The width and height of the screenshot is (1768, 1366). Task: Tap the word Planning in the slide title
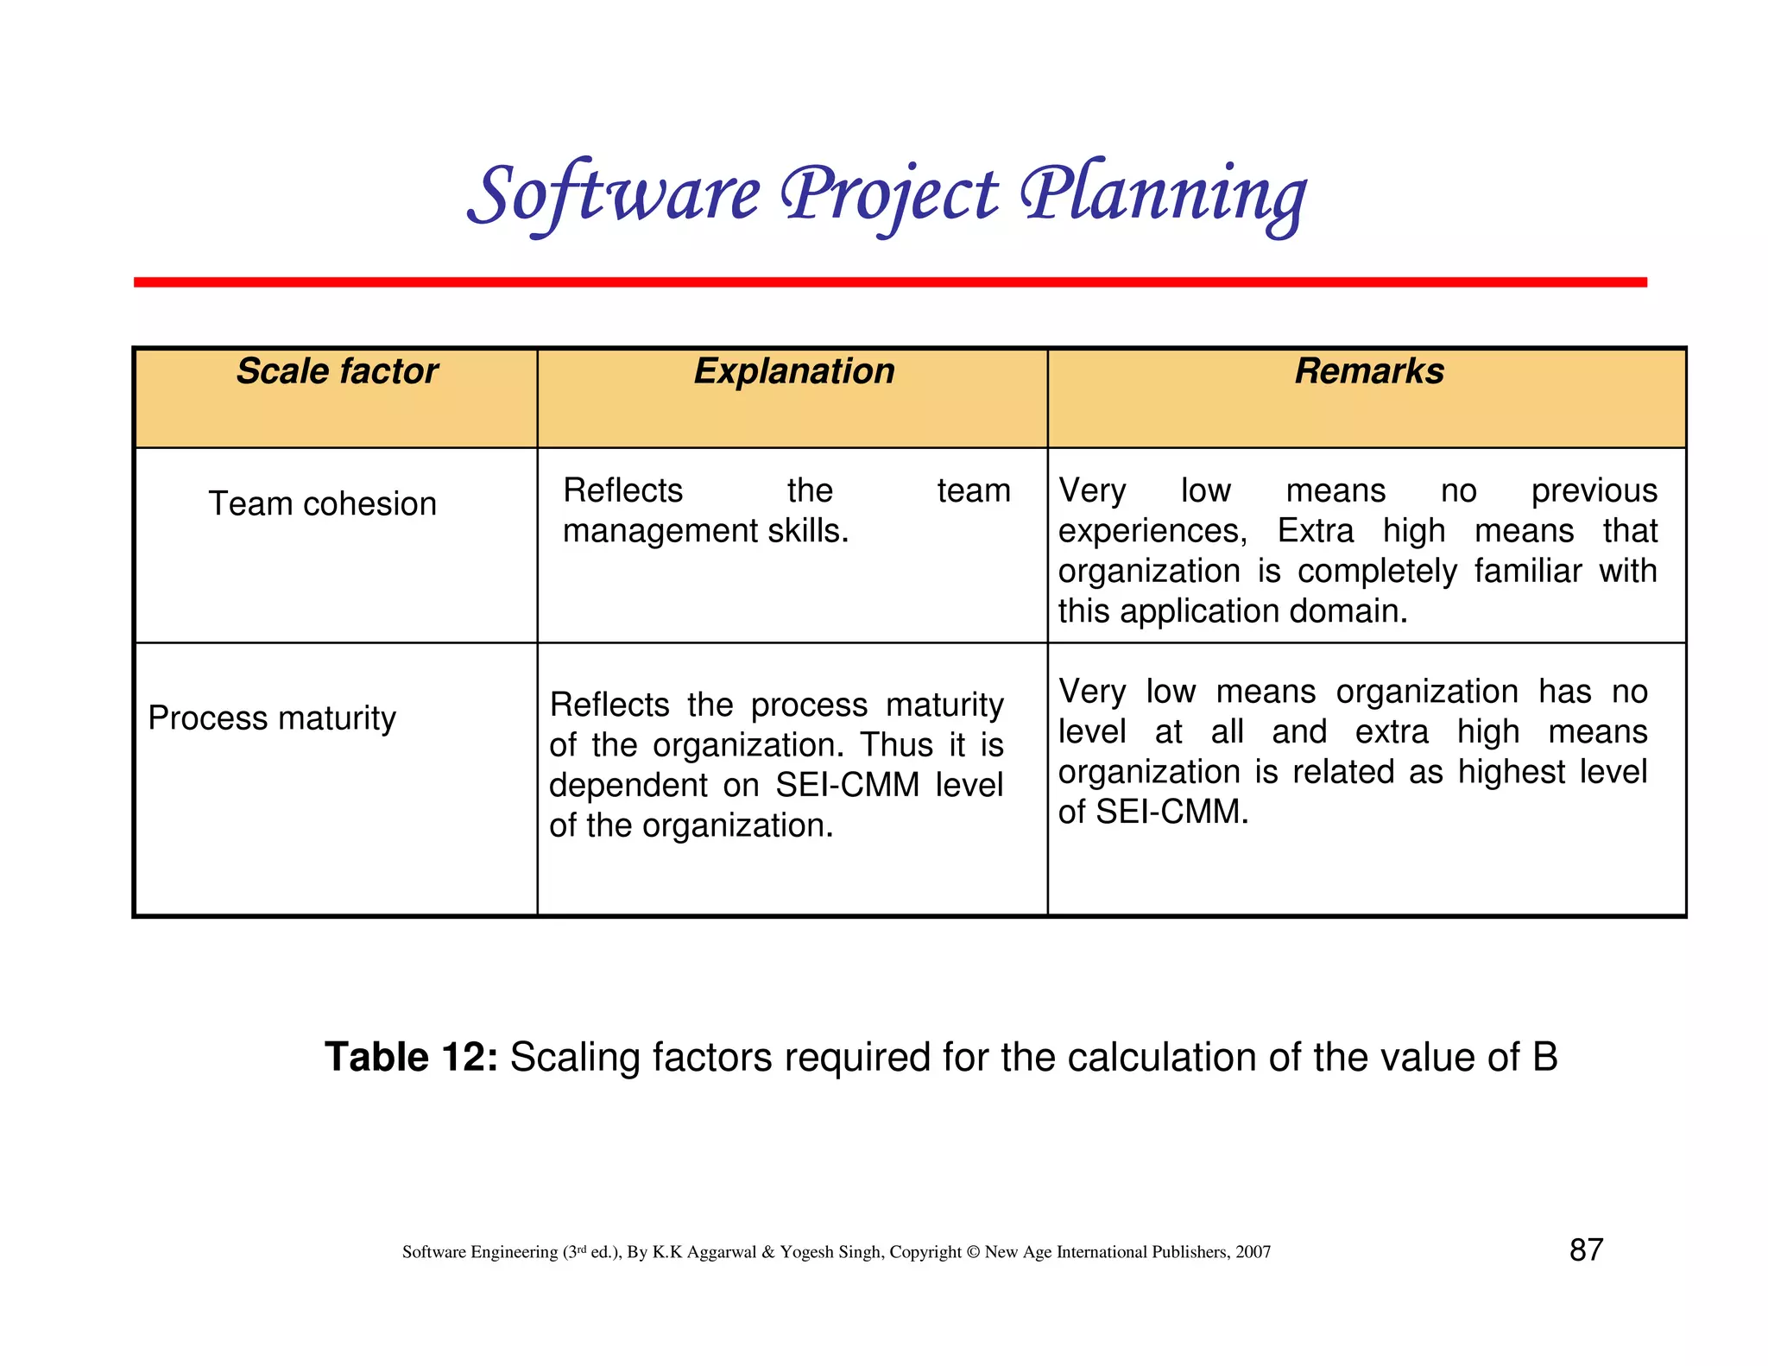click(1163, 195)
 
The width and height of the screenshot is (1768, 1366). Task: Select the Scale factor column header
click(337, 371)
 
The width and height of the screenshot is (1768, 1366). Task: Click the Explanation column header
click(793, 371)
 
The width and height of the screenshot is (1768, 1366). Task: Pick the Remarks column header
click(1368, 371)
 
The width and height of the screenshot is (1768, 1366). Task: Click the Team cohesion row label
click(322, 503)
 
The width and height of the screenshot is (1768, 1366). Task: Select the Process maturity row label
click(272, 718)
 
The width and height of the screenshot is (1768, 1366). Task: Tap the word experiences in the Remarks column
click(1152, 531)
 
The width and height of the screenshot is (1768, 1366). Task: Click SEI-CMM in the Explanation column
click(847, 785)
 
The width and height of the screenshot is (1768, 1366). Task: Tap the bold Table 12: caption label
click(411, 1057)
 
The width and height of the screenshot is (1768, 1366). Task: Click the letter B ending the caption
click(1545, 1057)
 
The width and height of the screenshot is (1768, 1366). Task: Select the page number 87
click(1586, 1249)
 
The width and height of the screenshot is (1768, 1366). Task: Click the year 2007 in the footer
click(1253, 1252)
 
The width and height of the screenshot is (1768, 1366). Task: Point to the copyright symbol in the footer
click(974, 1252)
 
